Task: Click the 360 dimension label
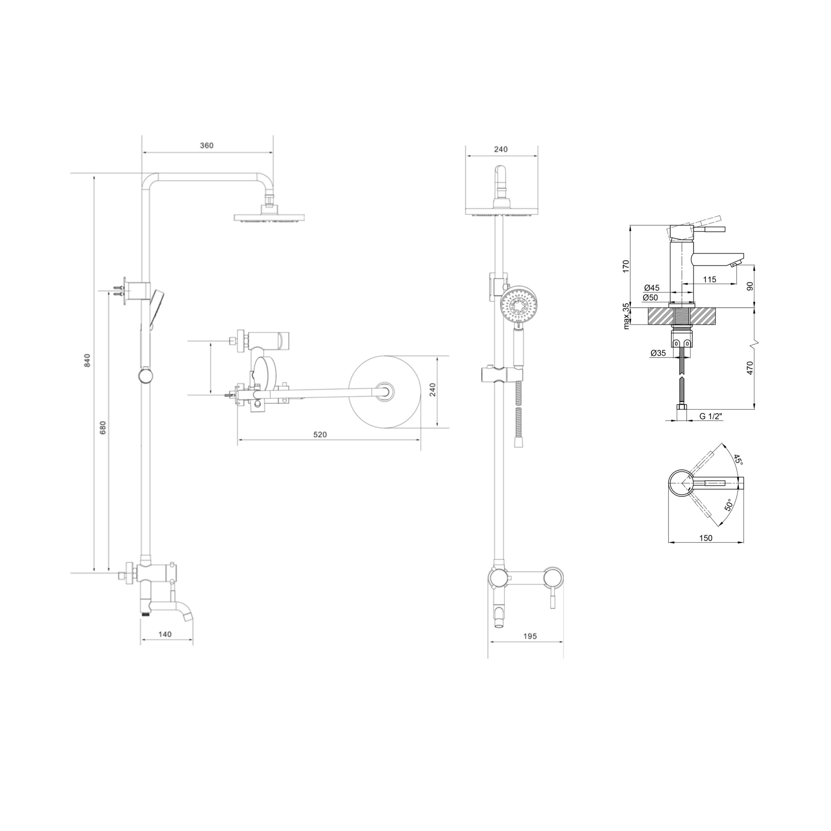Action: pyautogui.click(x=207, y=145)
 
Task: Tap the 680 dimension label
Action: pyautogui.click(x=102, y=428)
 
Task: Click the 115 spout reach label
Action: pyautogui.click(x=709, y=280)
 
